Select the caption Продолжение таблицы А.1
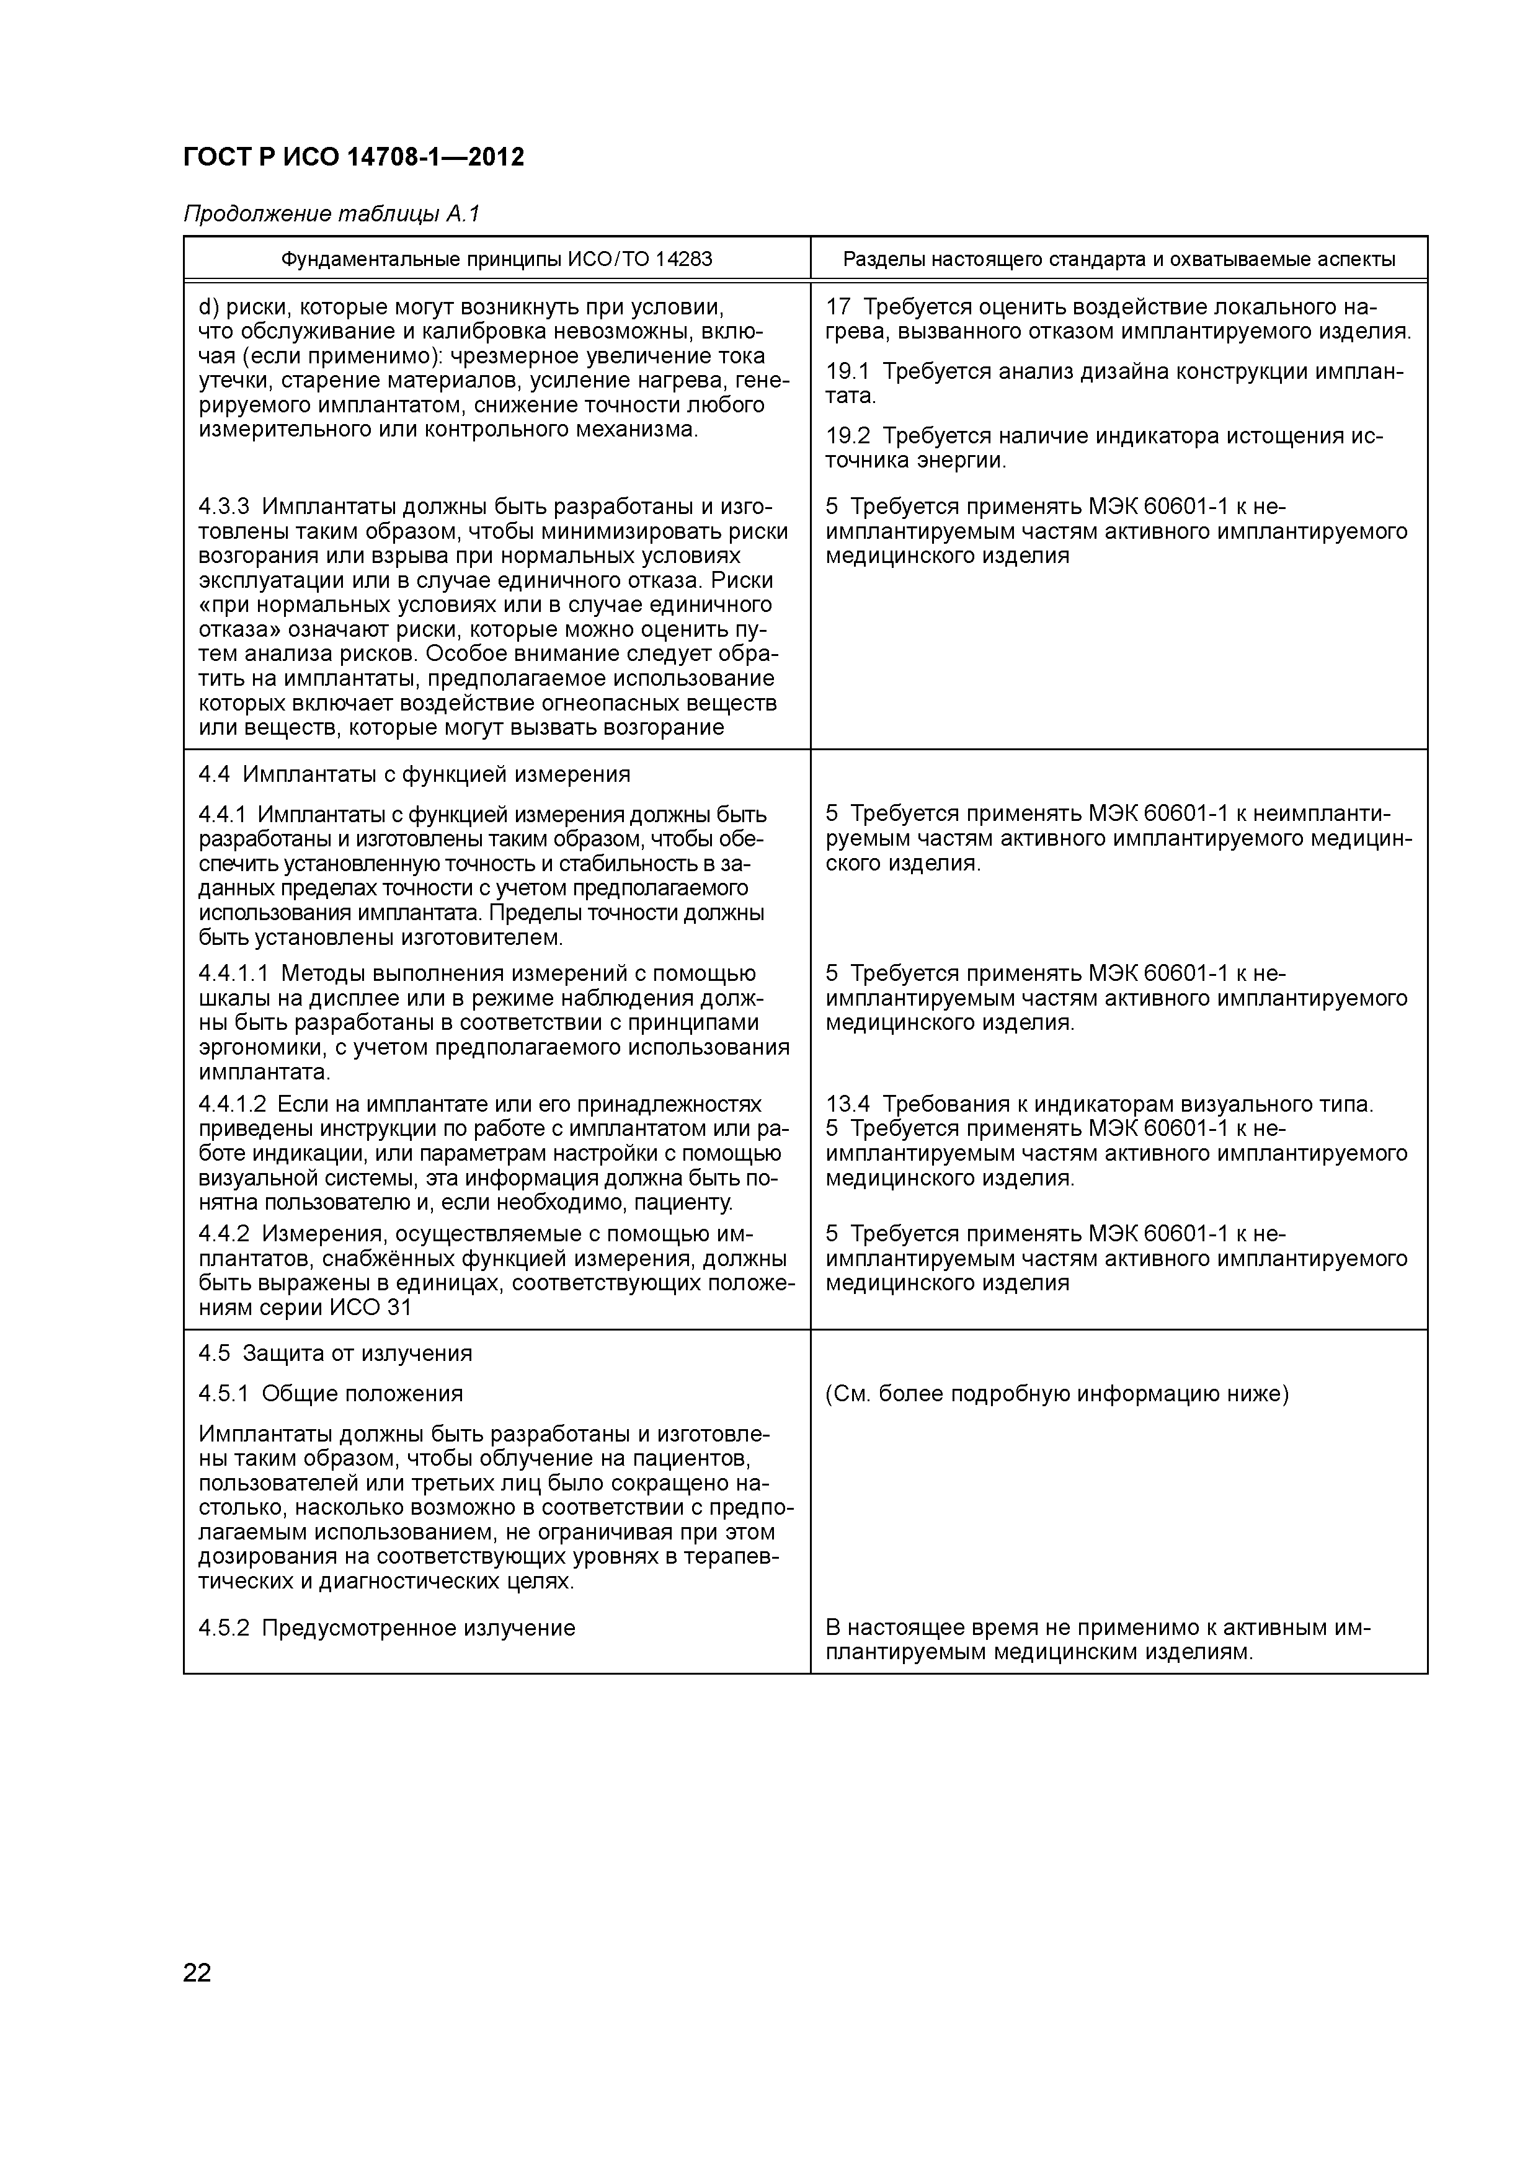pos(332,215)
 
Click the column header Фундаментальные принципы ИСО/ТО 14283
pos(497,259)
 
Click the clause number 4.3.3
pos(224,507)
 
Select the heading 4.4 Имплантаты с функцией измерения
pos(414,775)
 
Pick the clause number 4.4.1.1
pos(234,974)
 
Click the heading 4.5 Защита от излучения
pos(334,1353)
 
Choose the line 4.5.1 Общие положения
pos(331,1394)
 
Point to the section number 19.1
pos(847,371)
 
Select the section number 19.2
pos(847,436)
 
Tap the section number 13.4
pos(847,1105)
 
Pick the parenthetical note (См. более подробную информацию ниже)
pos(1057,1394)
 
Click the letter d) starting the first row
pos(208,307)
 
